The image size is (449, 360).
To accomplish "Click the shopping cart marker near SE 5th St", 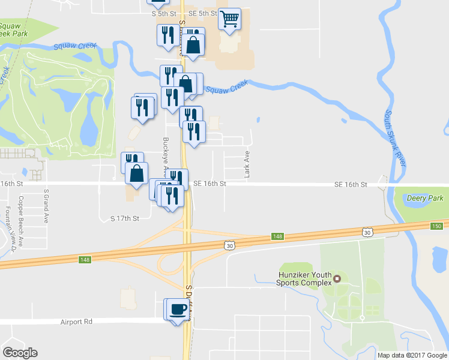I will pos(229,19).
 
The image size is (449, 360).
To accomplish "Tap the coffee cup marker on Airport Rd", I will pos(178,310).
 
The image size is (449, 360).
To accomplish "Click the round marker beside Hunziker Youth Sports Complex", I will pos(337,278).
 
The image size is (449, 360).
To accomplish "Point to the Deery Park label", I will pos(426,198).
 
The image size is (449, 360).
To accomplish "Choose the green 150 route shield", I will pos(436,226).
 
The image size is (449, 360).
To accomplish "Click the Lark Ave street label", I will pos(246,164).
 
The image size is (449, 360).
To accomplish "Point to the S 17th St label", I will pos(124,218).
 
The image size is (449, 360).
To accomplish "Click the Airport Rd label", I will pos(76,322).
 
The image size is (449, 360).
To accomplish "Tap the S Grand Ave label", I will pos(46,206).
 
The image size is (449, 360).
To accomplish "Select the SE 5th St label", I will pos(202,13).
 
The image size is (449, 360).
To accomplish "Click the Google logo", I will pos(20,352).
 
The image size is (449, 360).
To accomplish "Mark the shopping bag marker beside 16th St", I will pos(137,173).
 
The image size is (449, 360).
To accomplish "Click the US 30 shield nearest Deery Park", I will pos(367,232).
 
